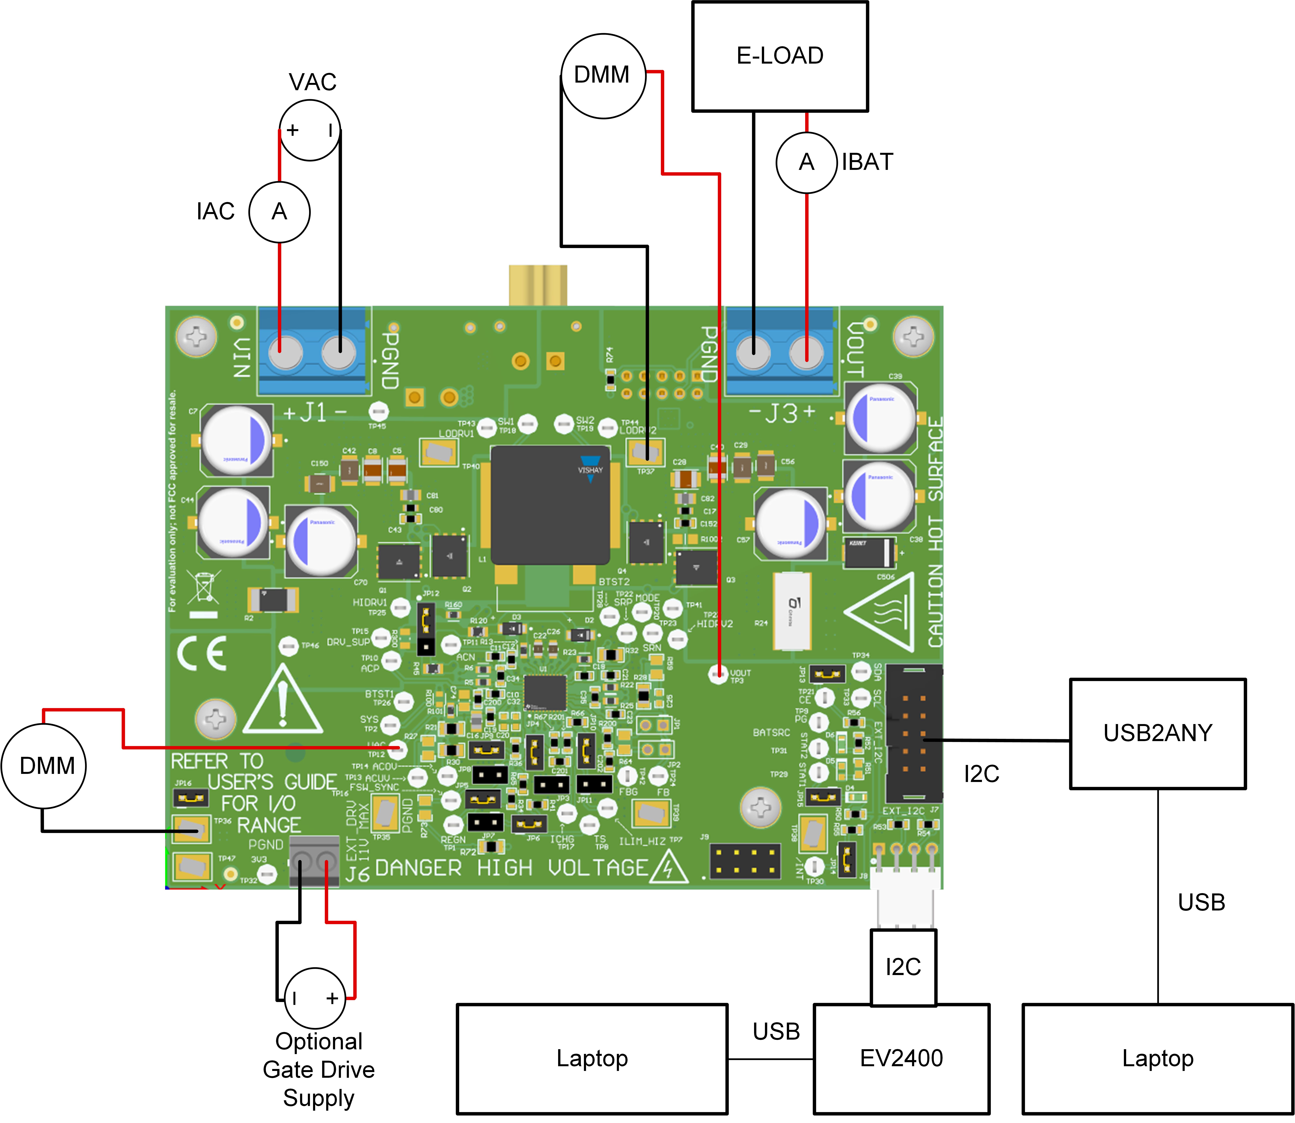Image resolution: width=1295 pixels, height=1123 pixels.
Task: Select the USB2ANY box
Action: (1157, 733)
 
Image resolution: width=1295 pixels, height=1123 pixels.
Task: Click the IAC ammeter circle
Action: (279, 212)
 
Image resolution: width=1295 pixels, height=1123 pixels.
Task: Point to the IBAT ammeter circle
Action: (806, 162)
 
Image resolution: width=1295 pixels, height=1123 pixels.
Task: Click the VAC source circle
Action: (310, 130)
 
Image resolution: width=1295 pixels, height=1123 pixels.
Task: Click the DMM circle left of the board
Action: (44, 766)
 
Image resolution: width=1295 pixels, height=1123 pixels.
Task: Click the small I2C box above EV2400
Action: (903, 967)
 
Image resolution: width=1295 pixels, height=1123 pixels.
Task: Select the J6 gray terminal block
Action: (314, 862)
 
